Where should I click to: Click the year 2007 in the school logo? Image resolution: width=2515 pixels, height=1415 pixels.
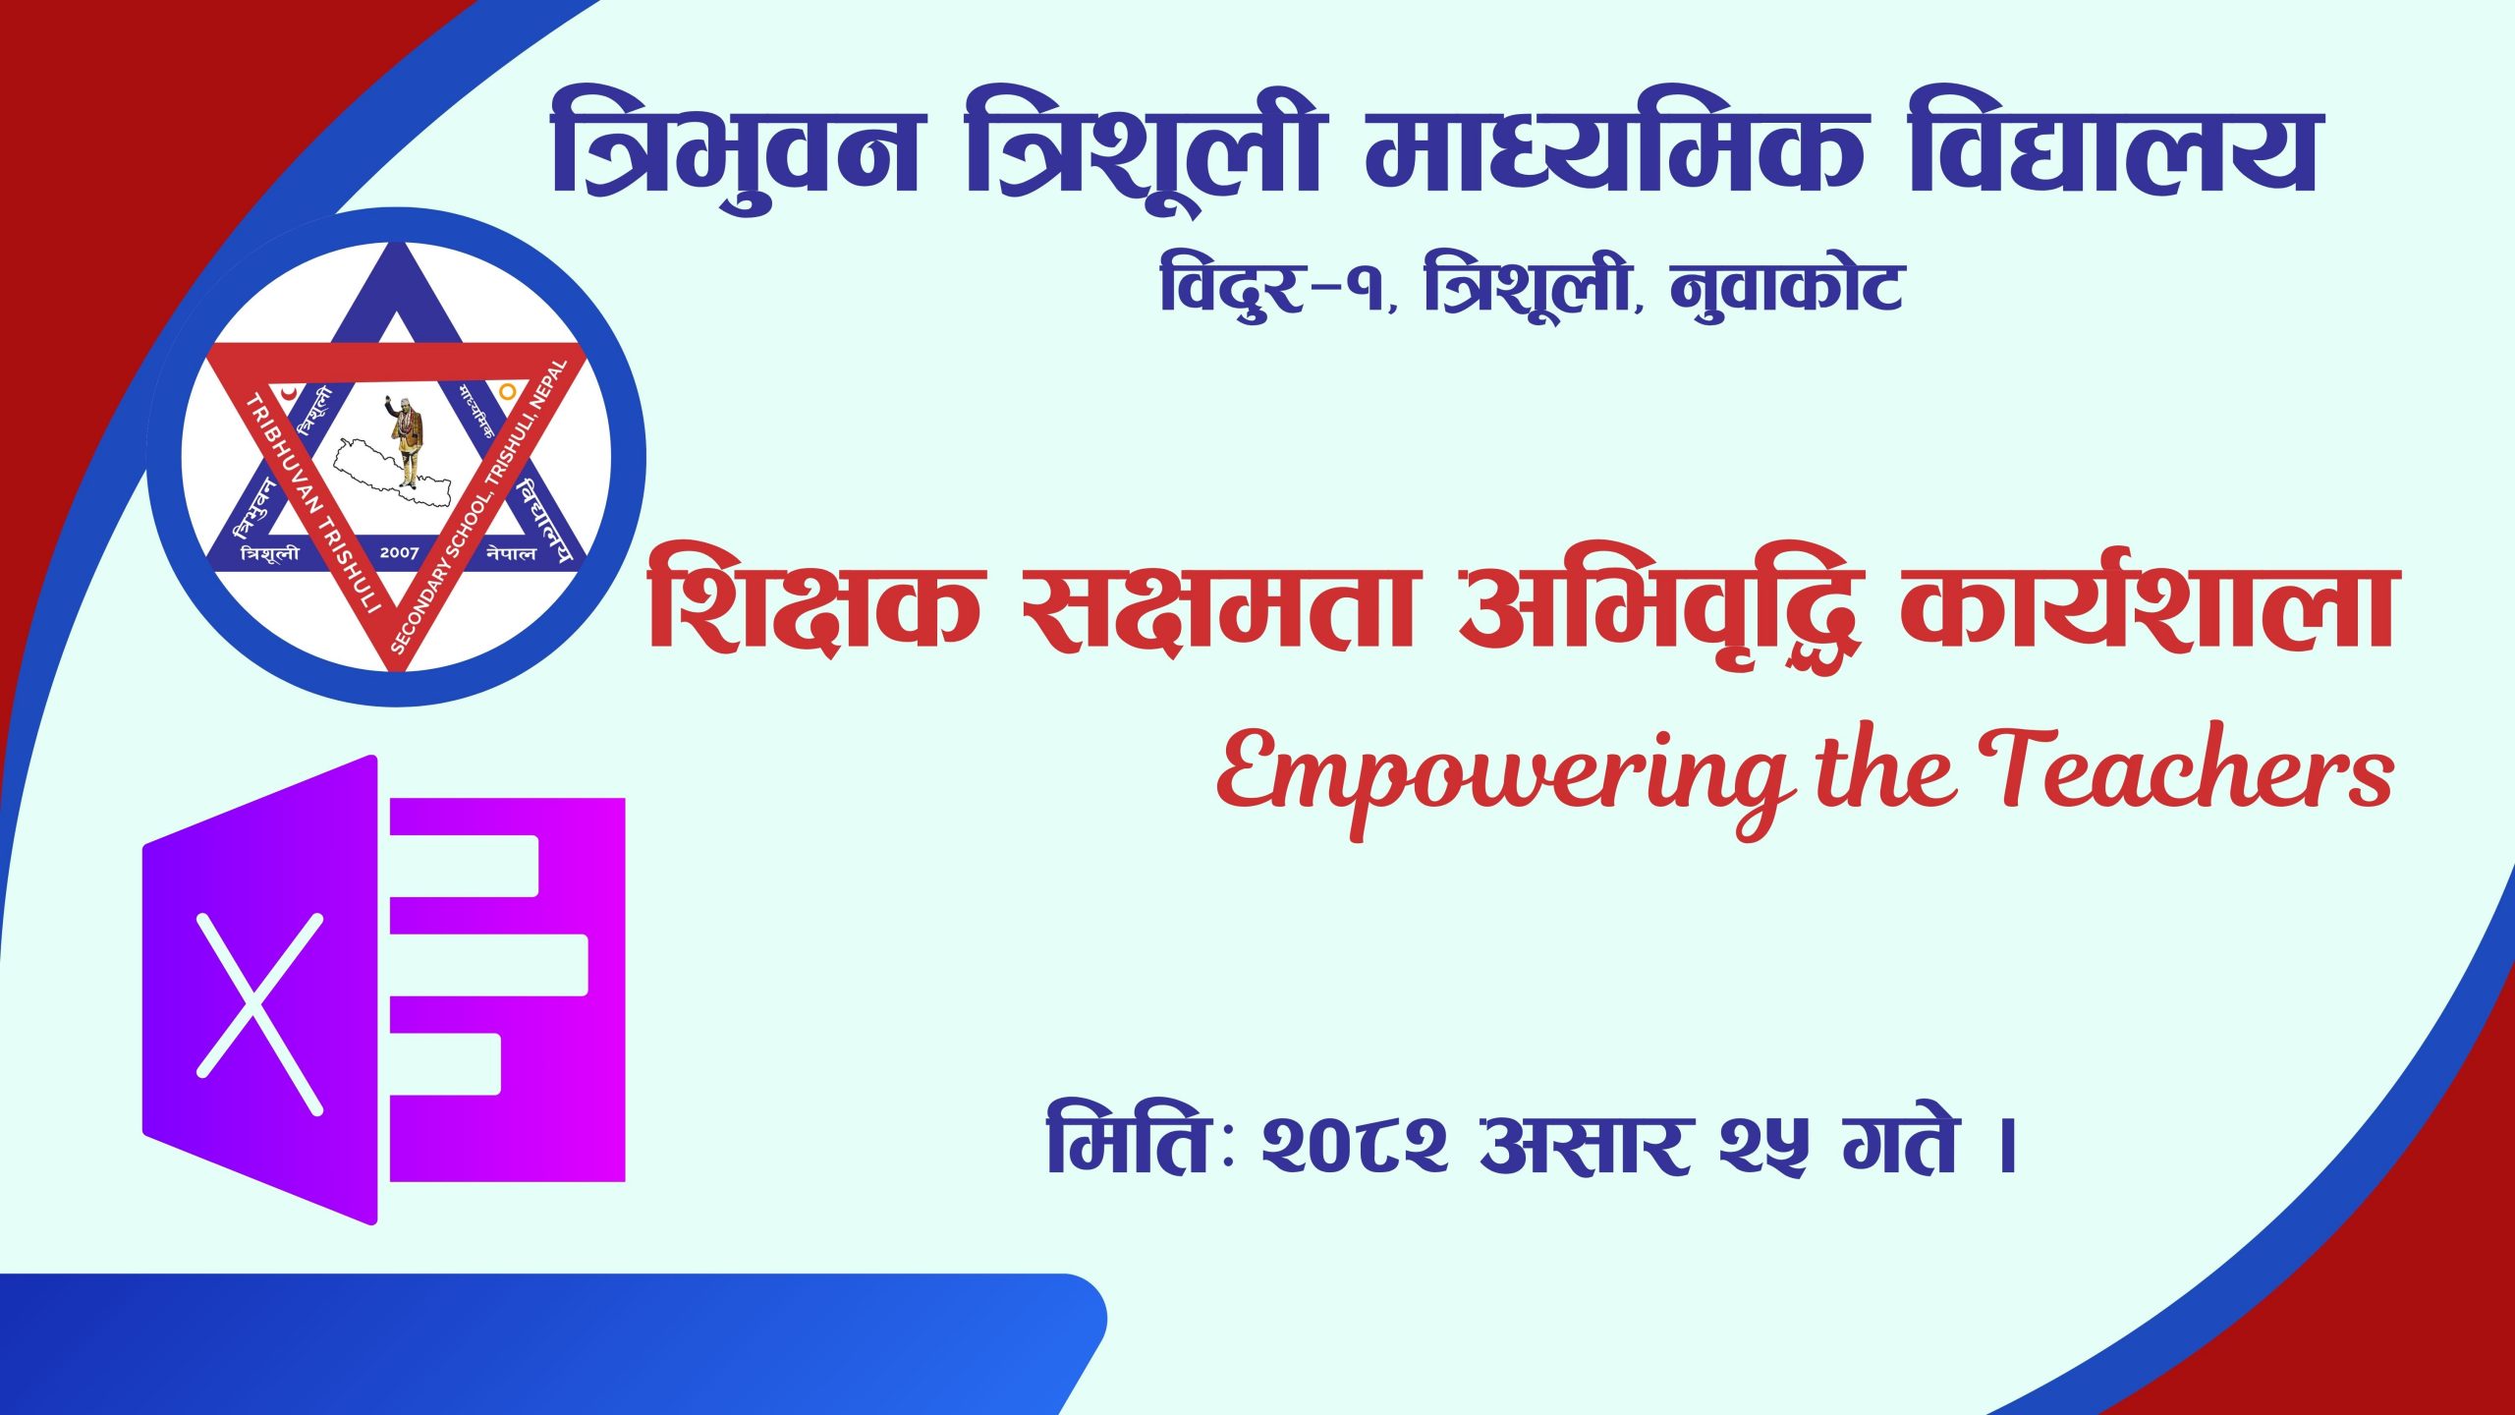click(399, 553)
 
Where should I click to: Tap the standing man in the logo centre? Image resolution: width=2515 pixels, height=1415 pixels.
click(405, 440)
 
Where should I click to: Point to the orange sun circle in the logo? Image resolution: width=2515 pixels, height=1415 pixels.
click(507, 391)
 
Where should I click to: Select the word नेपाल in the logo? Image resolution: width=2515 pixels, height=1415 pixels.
click(512, 553)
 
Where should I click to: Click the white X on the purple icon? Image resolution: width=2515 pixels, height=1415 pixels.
click(260, 1013)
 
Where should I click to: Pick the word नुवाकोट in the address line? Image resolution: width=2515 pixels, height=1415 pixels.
click(1786, 288)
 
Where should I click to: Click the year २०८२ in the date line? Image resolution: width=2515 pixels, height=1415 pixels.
click(1355, 1146)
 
